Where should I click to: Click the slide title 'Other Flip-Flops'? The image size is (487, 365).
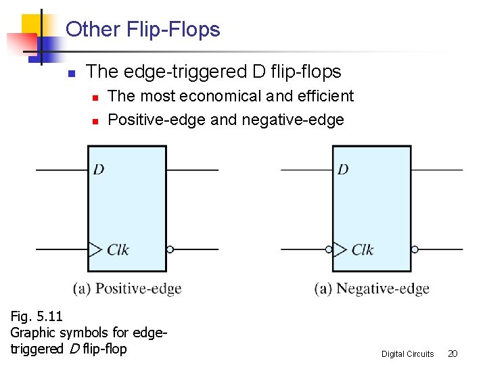[143, 30]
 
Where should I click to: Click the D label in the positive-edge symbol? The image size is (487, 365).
[99, 169]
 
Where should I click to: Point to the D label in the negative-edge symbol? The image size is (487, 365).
[343, 169]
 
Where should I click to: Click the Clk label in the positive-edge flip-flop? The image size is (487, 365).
[118, 249]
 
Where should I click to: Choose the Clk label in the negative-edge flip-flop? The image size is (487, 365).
[363, 249]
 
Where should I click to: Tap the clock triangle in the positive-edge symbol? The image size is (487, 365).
[95, 249]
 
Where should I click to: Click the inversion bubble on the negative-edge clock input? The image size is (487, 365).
[329, 249]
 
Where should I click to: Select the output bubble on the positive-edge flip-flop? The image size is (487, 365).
[170, 249]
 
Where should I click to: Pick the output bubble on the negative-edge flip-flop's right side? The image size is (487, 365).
[415, 249]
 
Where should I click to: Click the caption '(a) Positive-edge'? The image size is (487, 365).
[127, 289]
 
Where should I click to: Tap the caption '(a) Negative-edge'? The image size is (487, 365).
[372, 289]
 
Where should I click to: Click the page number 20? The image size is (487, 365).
[453, 354]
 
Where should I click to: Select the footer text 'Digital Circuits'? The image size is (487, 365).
[407, 354]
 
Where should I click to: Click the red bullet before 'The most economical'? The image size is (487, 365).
[95, 98]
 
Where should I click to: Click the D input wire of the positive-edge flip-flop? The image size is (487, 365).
[62, 170]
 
